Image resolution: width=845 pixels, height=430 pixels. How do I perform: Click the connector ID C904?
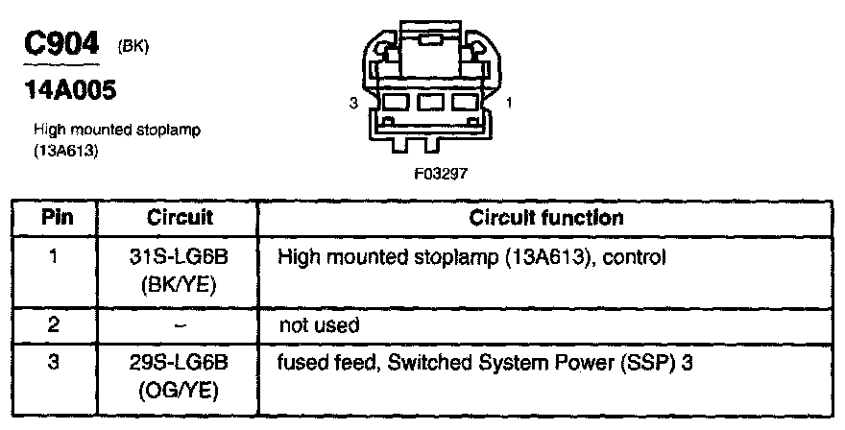(x=61, y=43)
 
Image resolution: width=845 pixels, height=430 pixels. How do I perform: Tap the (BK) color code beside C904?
(x=133, y=47)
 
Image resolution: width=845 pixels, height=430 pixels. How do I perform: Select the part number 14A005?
(x=70, y=90)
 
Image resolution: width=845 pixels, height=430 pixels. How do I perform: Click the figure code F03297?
(x=441, y=174)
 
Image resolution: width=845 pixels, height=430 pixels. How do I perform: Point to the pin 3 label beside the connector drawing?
(x=353, y=103)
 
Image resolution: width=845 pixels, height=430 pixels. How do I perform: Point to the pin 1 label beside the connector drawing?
(x=509, y=103)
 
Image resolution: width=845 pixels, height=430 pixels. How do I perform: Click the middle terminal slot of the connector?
(x=430, y=103)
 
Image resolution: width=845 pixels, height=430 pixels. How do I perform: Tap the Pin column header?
(x=58, y=218)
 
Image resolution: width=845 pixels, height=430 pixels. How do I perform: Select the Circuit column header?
(x=180, y=218)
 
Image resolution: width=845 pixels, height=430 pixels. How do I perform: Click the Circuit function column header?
(x=546, y=218)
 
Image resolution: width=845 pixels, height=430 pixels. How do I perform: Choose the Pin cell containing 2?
(x=53, y=325)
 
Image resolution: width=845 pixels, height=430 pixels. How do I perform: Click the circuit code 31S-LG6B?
(x=179, y=257)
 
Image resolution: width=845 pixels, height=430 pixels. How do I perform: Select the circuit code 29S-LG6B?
(x=179, y=363)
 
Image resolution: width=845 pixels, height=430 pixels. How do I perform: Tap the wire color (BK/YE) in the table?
(x=179, y=285)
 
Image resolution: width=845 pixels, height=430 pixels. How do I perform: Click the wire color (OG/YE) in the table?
(x=179, y=391)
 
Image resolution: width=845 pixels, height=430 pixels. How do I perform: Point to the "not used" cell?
(x=319, y=325)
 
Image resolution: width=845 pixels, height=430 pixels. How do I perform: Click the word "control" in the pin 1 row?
(x=635, y=257)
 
